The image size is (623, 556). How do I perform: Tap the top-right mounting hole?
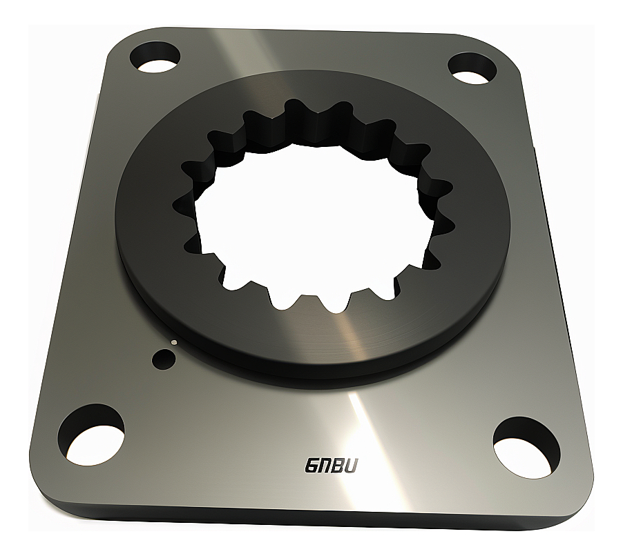473,67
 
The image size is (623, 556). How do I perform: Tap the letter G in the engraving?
311,466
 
